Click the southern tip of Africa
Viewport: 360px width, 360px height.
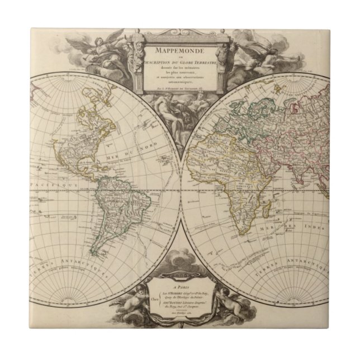tap(245, 233)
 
